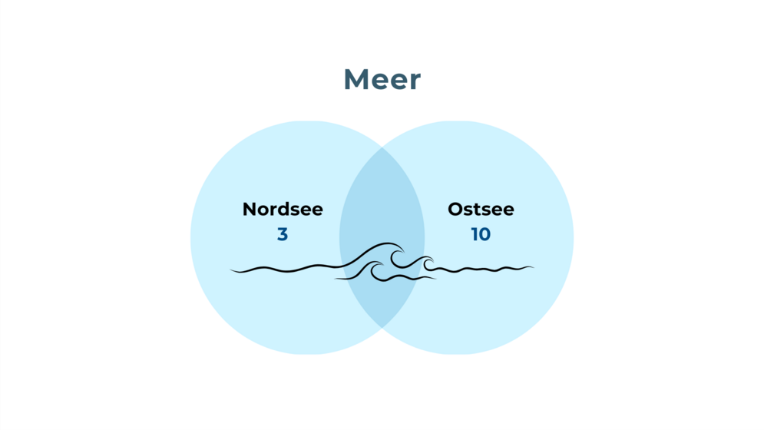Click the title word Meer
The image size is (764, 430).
click(382, 79)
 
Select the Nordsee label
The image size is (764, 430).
click(283, 209)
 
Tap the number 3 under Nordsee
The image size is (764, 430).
click(283, 234)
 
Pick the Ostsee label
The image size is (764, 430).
click(481, 209)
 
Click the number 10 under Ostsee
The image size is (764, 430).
click(481, 234)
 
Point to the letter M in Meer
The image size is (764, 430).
click(356, 79)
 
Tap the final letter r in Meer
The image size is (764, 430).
click(415, 82)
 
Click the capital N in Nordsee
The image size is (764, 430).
click(250, 209)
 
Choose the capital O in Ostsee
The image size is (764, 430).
click(456, 209)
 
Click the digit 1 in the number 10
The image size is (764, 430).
click(475, 234)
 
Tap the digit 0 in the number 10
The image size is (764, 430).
click(485, 234)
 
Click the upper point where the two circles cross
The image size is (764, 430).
click(382, 147)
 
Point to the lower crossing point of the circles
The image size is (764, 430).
click(382, 328)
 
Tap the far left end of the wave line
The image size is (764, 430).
click(230, 269)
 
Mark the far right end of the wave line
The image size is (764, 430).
click(534, 266)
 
